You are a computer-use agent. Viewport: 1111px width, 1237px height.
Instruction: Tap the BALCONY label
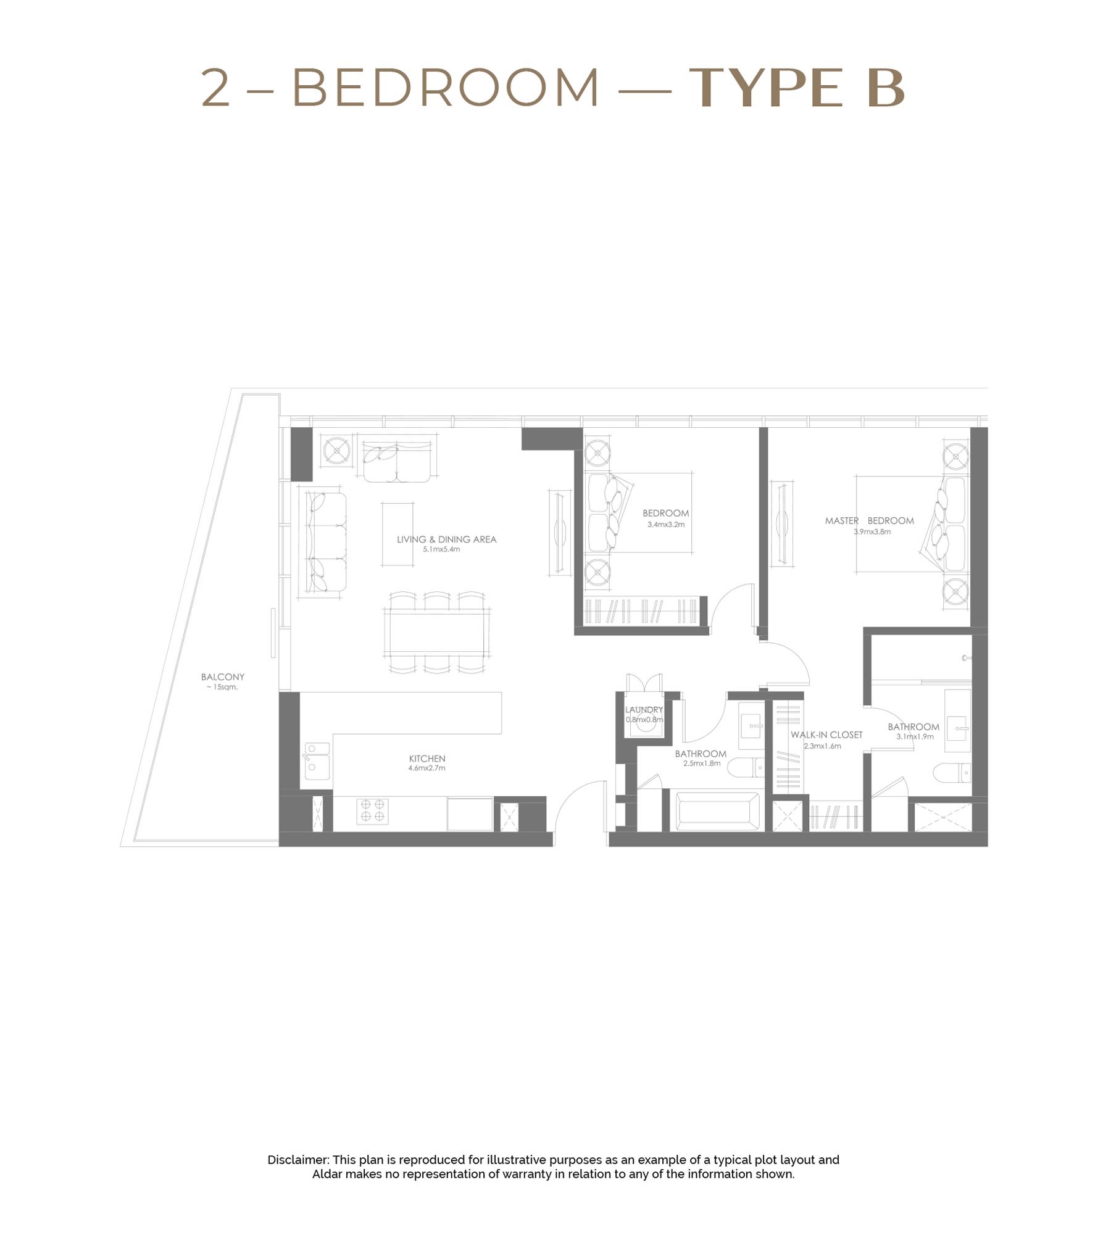coord(222,677)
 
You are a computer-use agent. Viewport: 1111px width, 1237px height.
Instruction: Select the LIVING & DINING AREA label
coord(446,539)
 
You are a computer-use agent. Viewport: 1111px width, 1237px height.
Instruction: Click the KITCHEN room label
coord(427,758)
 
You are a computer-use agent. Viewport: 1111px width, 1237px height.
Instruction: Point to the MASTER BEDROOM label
coord(869,520)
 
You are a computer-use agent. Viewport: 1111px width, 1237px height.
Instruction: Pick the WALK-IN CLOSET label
coord(826,735)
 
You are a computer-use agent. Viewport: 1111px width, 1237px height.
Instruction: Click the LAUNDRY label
coord(644,710)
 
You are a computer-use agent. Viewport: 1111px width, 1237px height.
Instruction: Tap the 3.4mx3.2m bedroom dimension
coord(665,525)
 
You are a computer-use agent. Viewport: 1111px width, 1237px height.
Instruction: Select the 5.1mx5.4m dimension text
coord(441,549)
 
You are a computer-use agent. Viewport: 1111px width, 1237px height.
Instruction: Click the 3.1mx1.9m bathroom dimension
coord(915,736)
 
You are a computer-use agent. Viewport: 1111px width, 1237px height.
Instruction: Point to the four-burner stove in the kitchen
coord(372,810)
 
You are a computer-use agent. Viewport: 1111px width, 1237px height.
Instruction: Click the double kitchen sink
coord(317,760)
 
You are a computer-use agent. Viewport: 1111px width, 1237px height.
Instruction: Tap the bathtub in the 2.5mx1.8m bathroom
coord(718,811)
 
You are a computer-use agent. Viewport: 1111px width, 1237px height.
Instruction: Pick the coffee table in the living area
coord(397,534)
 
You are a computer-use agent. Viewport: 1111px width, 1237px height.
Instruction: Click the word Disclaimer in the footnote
coord(298,1160)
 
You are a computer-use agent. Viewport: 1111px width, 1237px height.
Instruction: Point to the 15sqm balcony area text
coord(222,687)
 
